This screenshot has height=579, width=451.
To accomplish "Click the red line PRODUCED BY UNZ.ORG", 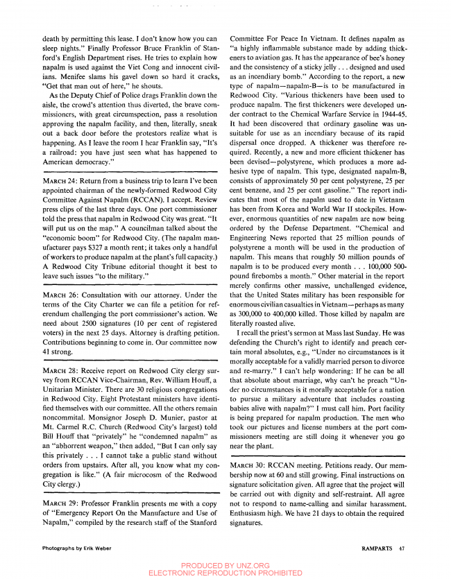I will [226, 565].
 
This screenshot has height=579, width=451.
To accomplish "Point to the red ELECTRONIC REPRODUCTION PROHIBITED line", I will [226, 573].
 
